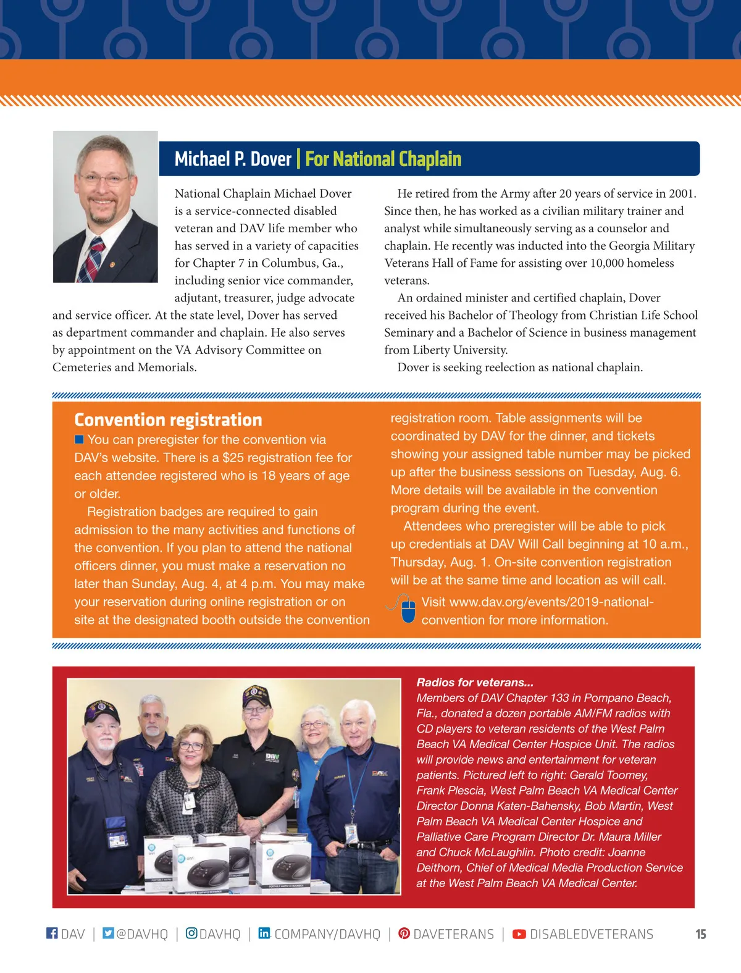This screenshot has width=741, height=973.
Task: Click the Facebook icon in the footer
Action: click(52, 933)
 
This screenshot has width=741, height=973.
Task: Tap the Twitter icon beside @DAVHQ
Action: click(108, 933)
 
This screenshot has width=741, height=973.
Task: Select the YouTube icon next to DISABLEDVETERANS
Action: click(519, 934)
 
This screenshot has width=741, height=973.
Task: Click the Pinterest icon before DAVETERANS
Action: click(404, 933)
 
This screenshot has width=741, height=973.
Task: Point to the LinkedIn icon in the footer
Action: click(264, 933)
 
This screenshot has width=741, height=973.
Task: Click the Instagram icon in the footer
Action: click(191, 933)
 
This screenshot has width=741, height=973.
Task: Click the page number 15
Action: click(700, 934)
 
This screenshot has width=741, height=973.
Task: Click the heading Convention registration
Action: click(168, 420)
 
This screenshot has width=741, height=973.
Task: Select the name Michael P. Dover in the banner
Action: click(233, 159)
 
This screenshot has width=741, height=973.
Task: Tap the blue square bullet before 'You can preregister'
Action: click(79, 439)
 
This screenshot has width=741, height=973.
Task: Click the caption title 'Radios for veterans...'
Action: click(475, 682)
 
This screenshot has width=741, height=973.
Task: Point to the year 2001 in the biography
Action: click(681, 194)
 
